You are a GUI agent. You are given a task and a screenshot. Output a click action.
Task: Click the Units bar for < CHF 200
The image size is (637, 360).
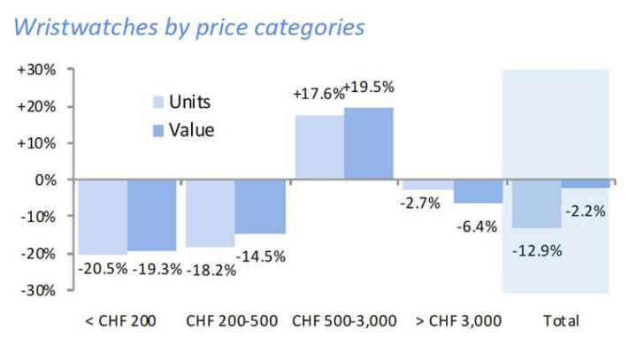coord(103,216)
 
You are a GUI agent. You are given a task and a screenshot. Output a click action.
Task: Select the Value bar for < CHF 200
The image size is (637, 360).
coord(151,215)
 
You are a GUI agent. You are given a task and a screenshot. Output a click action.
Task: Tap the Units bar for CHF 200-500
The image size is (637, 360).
coord(210,212)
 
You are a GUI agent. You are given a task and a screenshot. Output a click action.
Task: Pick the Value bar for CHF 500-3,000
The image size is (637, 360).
coord(368,143)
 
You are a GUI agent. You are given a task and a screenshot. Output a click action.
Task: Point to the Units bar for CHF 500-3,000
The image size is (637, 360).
coord(319,147)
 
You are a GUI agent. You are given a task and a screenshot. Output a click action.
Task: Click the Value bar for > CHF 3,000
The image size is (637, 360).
coord(478,191)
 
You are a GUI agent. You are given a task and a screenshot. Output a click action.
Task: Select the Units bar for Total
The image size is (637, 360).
coord(536,203)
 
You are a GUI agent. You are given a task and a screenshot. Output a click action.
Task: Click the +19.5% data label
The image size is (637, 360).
coord(368,88)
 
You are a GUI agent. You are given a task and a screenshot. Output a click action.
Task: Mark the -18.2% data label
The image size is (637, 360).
coord(209,270)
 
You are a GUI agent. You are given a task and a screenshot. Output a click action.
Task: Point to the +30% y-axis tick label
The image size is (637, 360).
coord(38,69)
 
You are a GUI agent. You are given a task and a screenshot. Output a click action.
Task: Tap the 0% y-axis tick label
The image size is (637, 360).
coord(44,180)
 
